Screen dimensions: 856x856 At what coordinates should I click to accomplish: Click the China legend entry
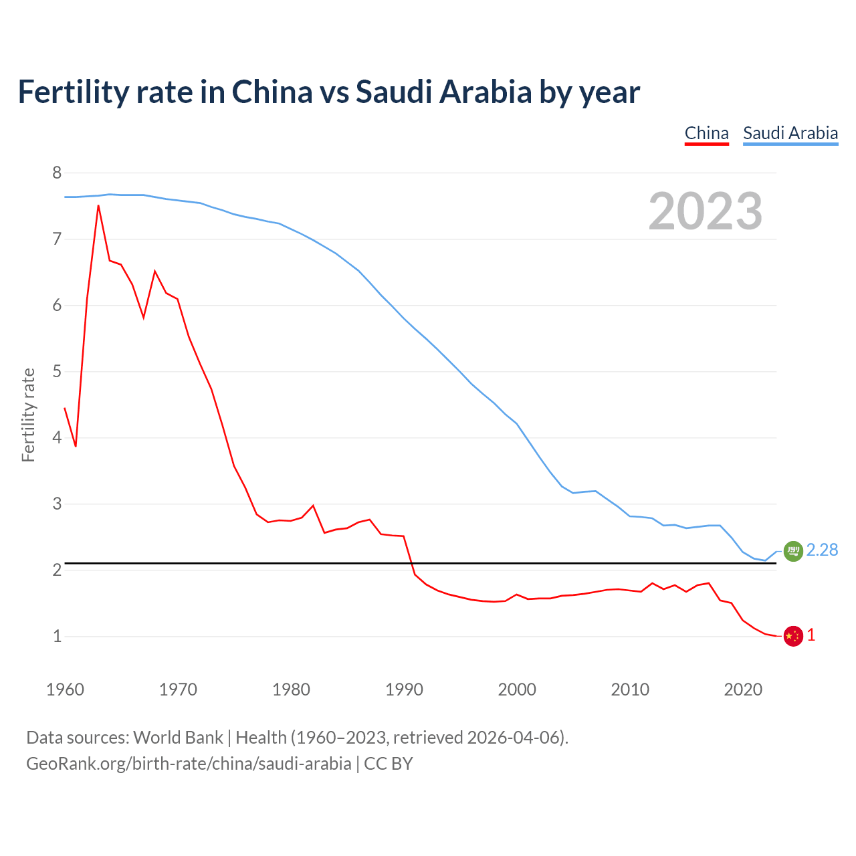706,133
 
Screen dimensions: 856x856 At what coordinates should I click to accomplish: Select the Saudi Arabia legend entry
790,133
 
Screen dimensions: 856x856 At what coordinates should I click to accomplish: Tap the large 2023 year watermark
705,211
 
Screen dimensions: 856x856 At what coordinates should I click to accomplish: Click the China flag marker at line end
792,636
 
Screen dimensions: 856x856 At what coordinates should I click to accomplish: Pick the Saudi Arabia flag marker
792,551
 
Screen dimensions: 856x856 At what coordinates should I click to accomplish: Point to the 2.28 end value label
822,550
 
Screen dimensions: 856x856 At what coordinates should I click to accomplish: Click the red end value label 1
811,635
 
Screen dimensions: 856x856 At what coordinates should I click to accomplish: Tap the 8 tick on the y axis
57,173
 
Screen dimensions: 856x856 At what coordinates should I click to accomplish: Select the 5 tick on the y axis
57,372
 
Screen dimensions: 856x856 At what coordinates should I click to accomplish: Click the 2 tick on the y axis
57,570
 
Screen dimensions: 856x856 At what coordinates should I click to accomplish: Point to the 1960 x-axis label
65,689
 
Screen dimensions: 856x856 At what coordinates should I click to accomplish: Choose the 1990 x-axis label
404,689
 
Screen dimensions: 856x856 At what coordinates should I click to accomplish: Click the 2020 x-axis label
743,689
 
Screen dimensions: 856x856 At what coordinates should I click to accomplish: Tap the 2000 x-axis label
517,689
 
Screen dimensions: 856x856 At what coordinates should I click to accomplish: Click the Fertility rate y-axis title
28,415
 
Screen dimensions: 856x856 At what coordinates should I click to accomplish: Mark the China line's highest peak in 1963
98,206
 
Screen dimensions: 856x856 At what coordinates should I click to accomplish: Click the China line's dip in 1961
76,445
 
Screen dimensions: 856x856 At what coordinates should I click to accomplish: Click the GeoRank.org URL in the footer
189,764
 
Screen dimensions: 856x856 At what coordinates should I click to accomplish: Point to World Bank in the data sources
178,738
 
